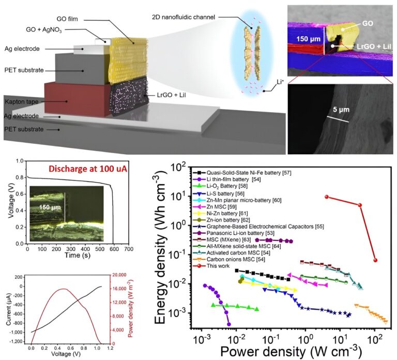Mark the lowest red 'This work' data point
click(376, 260)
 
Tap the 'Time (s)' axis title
click(76, 256)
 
